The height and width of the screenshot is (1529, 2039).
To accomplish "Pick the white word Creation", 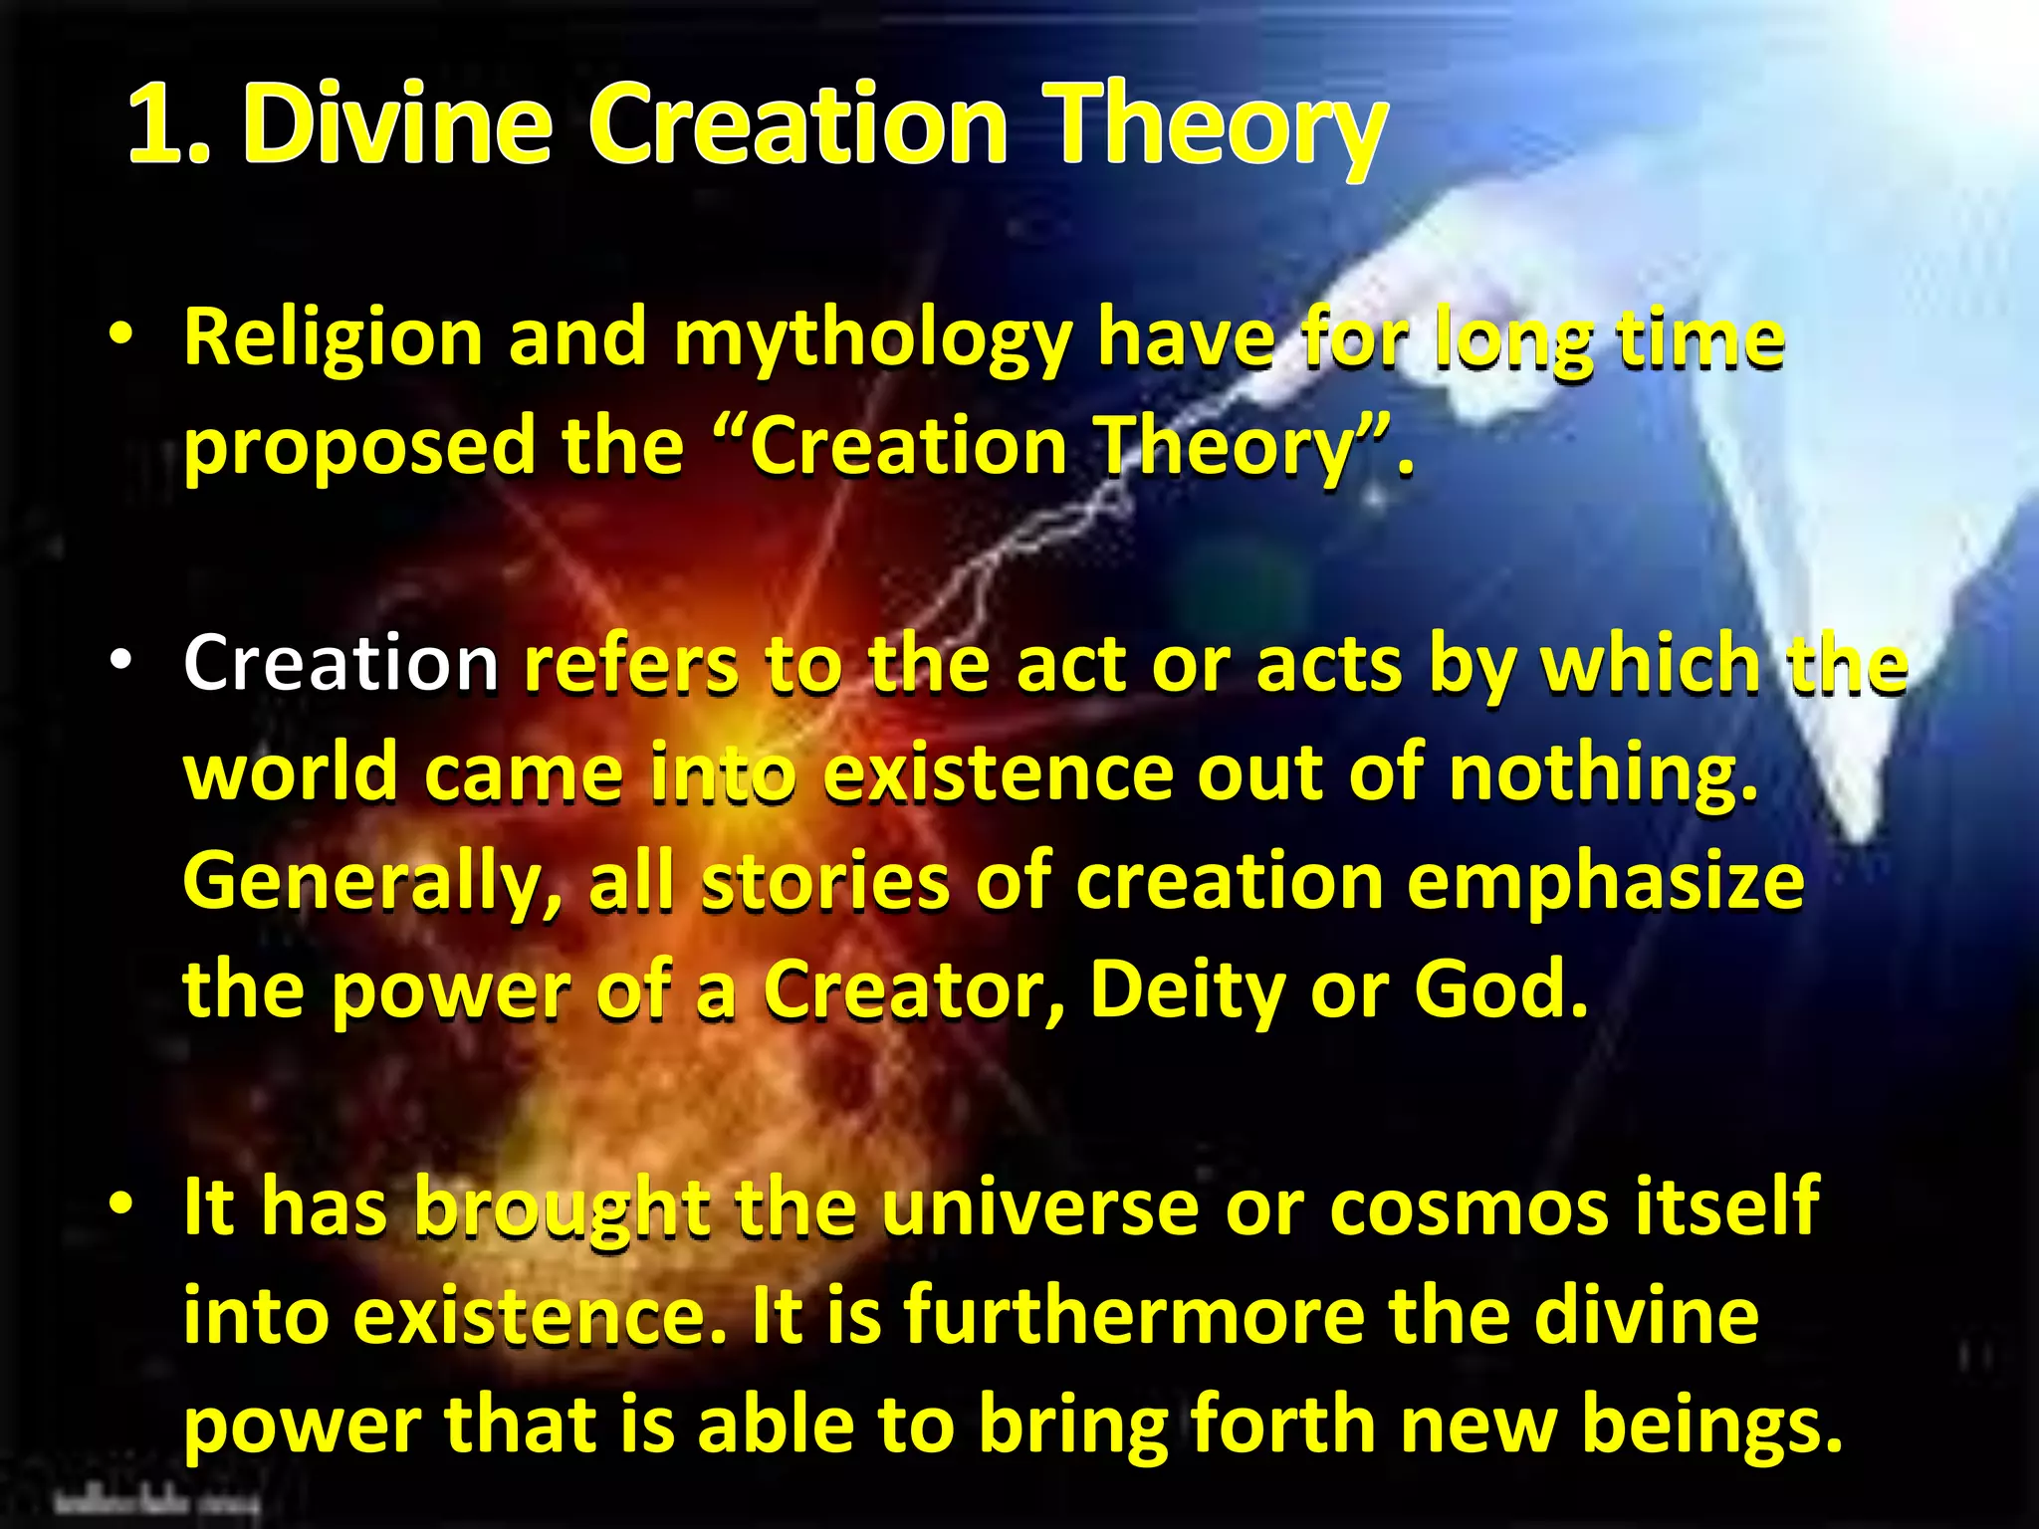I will coord(340,664).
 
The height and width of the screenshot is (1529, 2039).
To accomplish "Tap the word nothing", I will coord(1603,773).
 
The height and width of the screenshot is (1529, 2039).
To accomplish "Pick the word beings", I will coord(1711,1425).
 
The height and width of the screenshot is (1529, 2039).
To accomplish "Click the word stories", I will coord(825,883).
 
